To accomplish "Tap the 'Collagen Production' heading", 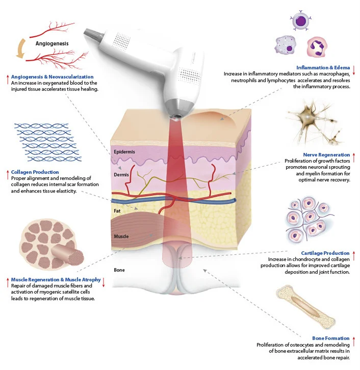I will click(x=35, y=172).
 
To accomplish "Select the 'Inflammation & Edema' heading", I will click(x=322, y=67).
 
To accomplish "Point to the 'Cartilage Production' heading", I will click(x=325, y=253).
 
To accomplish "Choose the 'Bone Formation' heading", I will click(x=331, y=338).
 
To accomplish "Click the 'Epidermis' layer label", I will click(x=125, y=152).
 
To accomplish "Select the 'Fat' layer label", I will click(x=117, y=210).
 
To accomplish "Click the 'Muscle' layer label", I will click(x=121, y=236).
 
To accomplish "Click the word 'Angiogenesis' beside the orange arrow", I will click(x=52, y=44).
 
